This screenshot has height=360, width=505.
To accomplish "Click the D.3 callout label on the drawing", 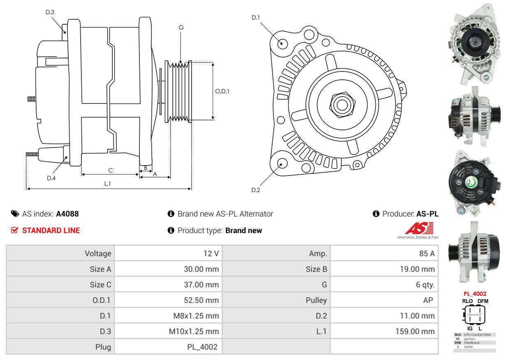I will (x=50, y=12).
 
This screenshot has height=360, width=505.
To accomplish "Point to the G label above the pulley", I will (x=181, y=28).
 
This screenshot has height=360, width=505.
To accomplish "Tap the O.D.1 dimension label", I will (x=222, y=91).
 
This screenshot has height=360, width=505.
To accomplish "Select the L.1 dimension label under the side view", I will (x=107, y=184).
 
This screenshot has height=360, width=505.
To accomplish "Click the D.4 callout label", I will (x=51, y=178).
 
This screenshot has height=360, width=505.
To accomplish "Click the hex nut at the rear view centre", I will (x=341, y=104).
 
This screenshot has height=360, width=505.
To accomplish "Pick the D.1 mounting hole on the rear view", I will (x=282, y=43).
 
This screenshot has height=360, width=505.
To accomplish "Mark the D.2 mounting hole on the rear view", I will (x=282, y=163).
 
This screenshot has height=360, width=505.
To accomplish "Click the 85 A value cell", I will (x=426, y=254).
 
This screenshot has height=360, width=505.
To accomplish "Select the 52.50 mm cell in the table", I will (x=201, y=300).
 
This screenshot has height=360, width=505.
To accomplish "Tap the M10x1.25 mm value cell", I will (x=194, y=331).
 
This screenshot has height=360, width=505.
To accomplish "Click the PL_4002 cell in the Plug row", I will (x=202, y=347).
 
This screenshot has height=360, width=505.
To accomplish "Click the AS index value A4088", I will (x=67, y=214).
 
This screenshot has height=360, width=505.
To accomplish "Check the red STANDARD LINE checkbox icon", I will (x=15, y=231).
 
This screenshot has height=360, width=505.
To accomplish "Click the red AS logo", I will (x=419, y=228).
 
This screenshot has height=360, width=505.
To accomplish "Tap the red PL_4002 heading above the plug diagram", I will (x=475, y=294).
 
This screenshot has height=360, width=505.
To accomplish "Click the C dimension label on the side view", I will (x=110, y=170).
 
